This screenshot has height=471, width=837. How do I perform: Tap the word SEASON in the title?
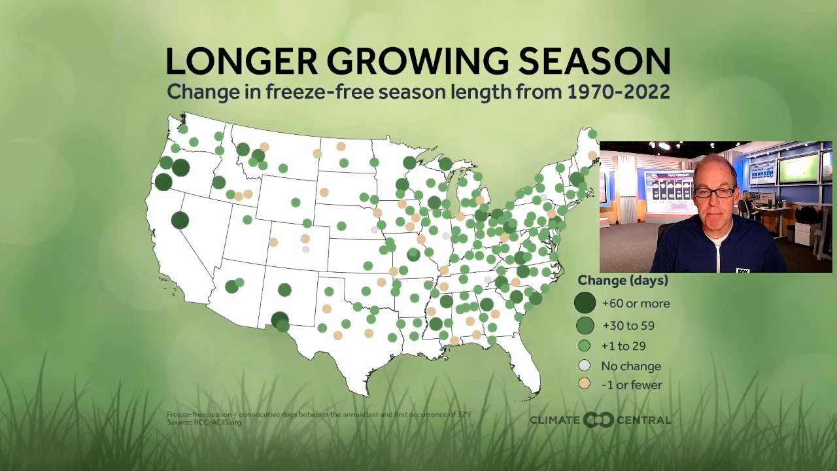point(594,61)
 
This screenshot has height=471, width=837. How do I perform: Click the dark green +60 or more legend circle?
point(585,303)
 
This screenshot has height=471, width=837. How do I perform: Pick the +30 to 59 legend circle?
point(585,325)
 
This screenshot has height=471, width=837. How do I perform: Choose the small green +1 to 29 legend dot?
point(585,346)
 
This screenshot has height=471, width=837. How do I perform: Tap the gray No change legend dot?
point(585,366)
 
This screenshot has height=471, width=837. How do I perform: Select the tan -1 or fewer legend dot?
point(585,385)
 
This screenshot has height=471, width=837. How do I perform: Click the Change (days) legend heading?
point(623,281)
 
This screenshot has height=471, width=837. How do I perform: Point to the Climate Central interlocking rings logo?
point(598,420)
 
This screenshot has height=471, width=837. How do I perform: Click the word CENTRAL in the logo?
point(643,420)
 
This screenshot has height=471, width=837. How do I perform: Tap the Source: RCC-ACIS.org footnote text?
point(204,423)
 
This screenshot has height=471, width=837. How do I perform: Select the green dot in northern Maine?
point(592,134)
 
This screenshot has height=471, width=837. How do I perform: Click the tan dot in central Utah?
point(273,242)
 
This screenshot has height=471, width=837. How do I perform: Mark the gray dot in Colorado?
point(305,249)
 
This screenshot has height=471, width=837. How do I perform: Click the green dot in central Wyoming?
point(296,203)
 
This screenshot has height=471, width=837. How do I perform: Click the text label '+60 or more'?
point(636,304)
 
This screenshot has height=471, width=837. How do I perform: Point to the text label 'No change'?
point(630,366)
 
